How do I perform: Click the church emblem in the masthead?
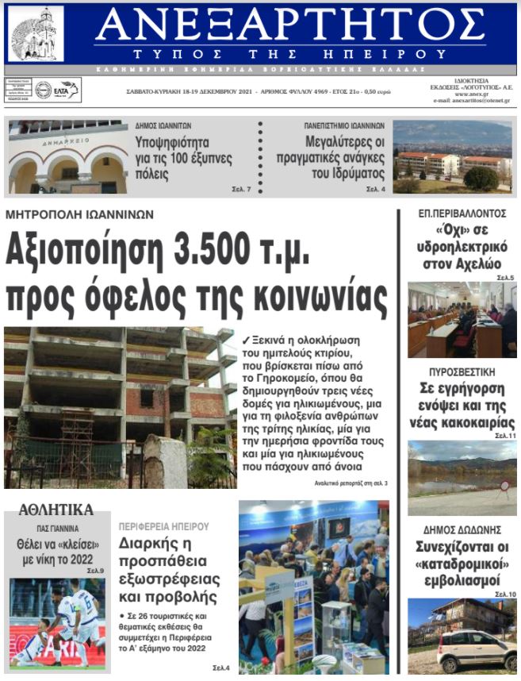tap(35, 34)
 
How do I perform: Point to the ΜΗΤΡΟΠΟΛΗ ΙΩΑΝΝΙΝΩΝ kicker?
tap(79, 214)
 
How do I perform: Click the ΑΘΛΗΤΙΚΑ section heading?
tap(56, 510)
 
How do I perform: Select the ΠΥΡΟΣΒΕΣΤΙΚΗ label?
tap(462, 371)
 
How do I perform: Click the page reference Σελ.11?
tap(505, 436)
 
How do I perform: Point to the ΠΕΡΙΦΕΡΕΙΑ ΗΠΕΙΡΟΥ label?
tap(163, 526)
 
